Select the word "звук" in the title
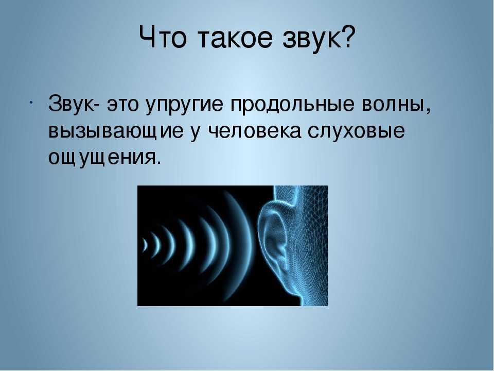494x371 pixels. [312, 39]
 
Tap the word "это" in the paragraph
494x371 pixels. [123, 105]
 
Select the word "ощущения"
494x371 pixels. [102, 159]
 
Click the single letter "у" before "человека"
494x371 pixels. [197, 134]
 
